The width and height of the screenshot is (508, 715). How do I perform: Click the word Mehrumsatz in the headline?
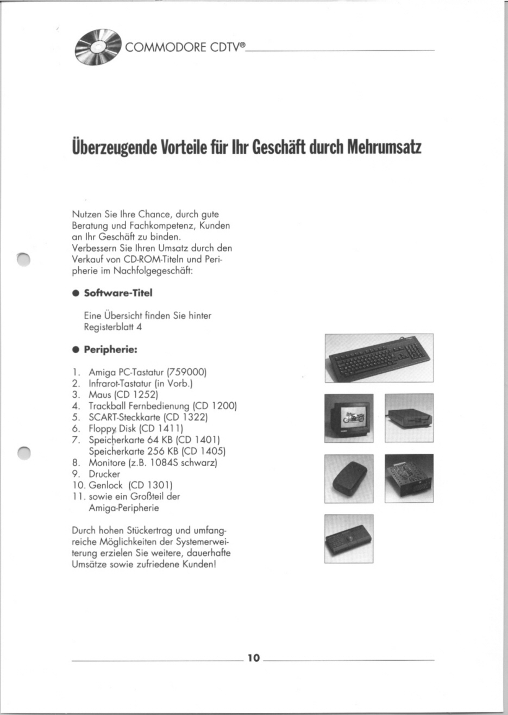coord(384,147)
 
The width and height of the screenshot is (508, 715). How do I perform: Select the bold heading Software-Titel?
coord(117,293)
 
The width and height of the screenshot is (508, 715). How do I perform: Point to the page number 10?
coord(254,658)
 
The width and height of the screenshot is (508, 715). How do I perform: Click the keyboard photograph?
coord(379,357)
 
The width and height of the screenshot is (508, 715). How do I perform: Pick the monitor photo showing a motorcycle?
coord(349,418)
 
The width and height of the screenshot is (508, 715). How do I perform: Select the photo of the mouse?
coord(349,478)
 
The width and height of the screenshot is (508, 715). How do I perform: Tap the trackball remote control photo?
coord(349,538)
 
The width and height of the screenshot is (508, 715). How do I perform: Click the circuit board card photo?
coord(409,478)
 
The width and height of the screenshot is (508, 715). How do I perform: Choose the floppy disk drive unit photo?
coord(409,418)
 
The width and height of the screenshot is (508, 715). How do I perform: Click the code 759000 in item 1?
coord(187,372)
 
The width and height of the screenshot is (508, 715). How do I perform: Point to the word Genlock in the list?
coord(106,485)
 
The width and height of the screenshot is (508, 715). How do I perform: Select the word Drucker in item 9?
coord(104,474)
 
